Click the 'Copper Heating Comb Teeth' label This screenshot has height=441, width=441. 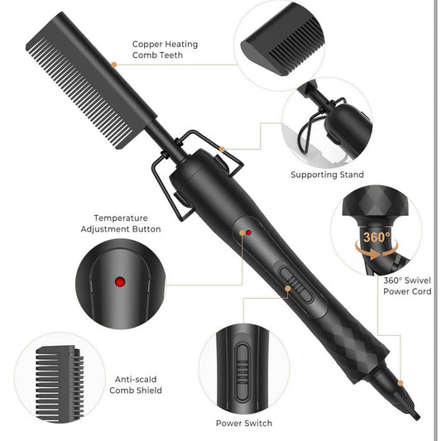[165, 50]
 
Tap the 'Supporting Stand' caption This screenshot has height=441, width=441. [327, 175]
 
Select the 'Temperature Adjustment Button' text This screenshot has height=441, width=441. [121, 223]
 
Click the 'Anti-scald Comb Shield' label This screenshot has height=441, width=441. [136, 385]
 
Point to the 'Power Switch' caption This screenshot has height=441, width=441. [244, 423]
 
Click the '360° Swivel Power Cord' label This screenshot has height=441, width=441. [407, 285]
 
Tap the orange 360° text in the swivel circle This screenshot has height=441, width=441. [376, 237]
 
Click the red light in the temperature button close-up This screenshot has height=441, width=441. [120, 281]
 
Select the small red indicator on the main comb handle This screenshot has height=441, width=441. [248, 232]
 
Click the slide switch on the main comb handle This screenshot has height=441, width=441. [296, 285]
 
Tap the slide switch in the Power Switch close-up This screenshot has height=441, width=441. [242, 372]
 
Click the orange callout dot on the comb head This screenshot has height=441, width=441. [113, 65]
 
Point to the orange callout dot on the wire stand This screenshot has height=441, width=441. [222, 149]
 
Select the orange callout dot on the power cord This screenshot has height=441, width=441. [400, 383]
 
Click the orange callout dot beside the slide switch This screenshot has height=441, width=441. [287, 289]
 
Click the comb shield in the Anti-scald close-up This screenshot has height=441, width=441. [60, 384]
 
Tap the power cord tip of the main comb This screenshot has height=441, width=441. [415, 415]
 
